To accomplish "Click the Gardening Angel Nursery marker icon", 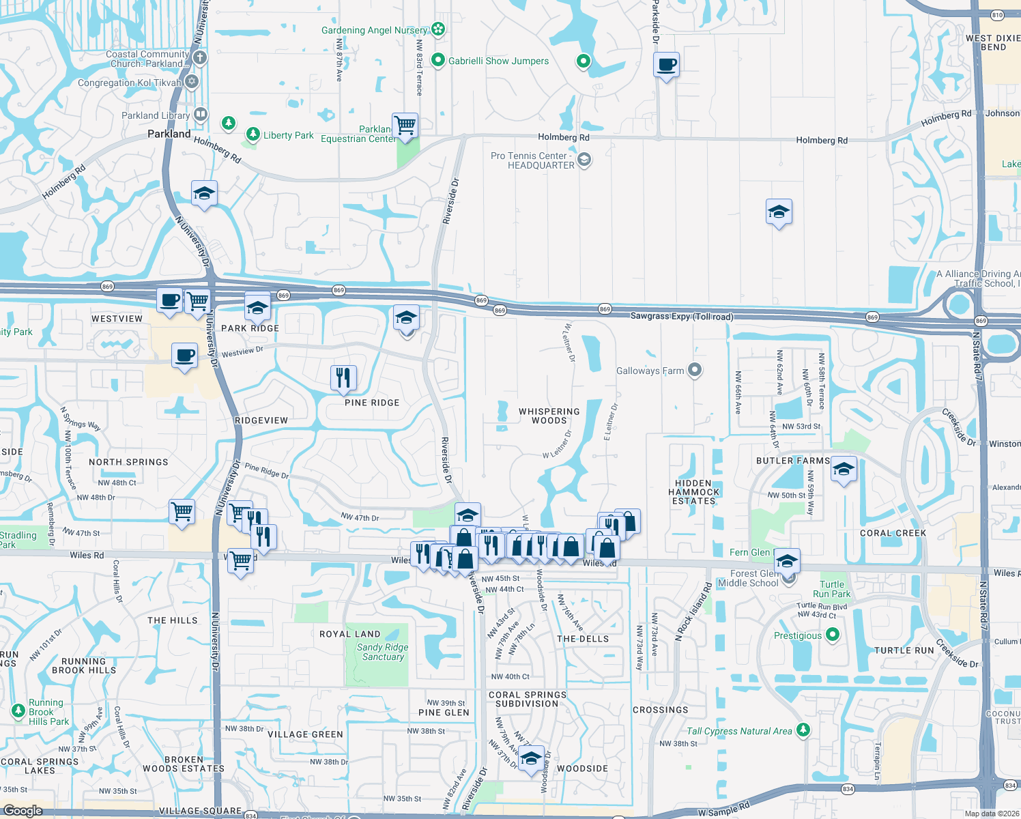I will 438,29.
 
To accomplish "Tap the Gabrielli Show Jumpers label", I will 498,61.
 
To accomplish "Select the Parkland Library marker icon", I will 201,115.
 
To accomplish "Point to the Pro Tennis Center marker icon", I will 584,160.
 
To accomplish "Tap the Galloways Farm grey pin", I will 695,371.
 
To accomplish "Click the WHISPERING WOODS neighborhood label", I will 549,416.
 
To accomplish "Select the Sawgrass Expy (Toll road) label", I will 682,317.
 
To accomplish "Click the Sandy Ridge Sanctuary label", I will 382,652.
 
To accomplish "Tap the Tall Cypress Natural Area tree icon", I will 803,730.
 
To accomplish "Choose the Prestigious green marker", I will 832,635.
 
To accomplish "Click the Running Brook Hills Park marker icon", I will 18,712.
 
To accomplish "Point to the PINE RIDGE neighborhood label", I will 372,403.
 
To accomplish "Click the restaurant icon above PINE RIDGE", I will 343,378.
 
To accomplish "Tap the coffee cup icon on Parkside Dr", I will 666,65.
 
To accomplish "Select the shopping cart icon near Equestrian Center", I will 405,126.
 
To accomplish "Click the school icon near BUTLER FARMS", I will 844,470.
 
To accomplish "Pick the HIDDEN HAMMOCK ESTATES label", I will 693,492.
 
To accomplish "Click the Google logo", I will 23,810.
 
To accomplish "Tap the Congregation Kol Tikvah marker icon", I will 192,82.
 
